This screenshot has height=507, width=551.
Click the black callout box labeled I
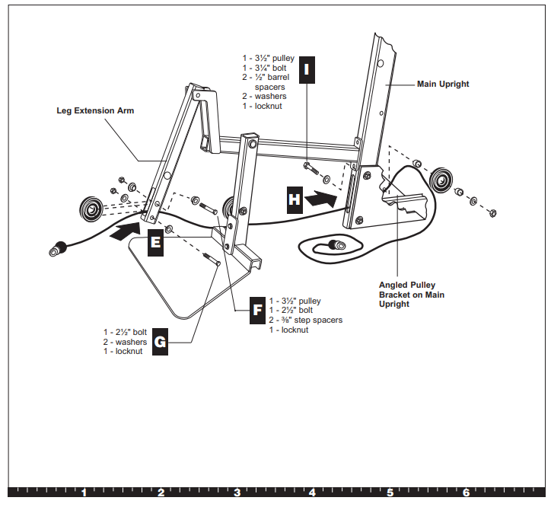coord(307,69)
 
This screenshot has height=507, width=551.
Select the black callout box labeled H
coord(294,199)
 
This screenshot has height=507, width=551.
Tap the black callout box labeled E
coord(155,241)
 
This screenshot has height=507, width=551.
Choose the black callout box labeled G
coord(160,343)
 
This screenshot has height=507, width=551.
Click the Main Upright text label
coord(443,84)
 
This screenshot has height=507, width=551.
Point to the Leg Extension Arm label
coord(95,110)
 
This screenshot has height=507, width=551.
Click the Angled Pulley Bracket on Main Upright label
coord(411,295)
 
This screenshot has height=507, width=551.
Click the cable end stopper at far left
coord(56,248)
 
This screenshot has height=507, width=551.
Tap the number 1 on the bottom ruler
coord(84,493)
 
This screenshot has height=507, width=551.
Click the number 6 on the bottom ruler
coord(466,493)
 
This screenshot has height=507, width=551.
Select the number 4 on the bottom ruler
coord(313,493)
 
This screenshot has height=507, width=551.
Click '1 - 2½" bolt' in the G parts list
coord(126,332)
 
